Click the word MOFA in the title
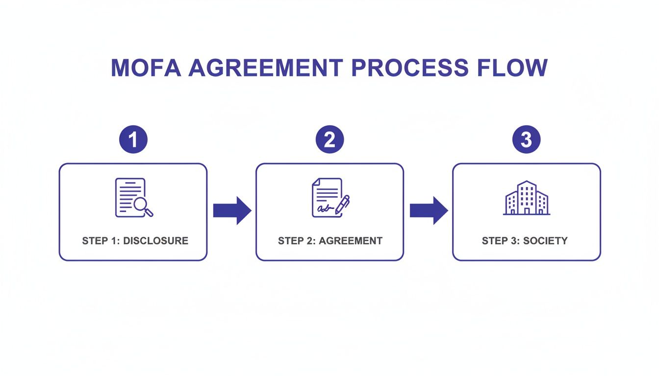click(146, 68)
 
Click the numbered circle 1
click(133, 140)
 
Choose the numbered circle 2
click(329, 140)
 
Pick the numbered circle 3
click(526, 140)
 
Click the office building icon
click(527, 198)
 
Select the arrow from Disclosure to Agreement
click(232, 211)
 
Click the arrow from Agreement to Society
click(429, 211)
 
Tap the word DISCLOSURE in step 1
click(155, 241)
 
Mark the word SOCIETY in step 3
click(545, 241)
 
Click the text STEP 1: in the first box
click(101, 241)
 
